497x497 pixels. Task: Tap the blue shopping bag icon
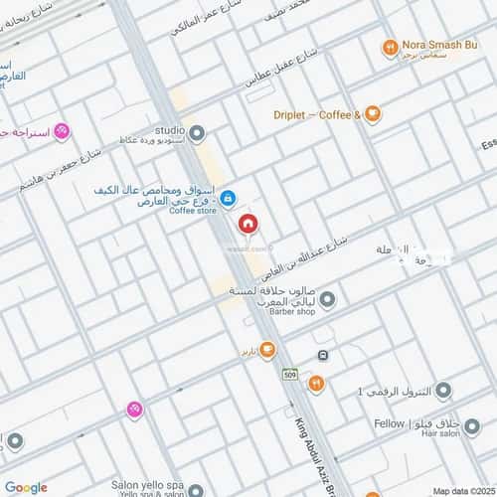(228, 198)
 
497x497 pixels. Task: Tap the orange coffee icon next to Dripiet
(372, 113)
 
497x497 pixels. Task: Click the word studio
(170, 130)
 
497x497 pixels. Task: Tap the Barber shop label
(290, 311)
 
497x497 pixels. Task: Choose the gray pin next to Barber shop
(328, 297)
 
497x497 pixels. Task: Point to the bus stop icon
(323, 355)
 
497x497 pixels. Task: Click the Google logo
(25, 486)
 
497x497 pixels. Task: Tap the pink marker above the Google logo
(134, 409)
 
